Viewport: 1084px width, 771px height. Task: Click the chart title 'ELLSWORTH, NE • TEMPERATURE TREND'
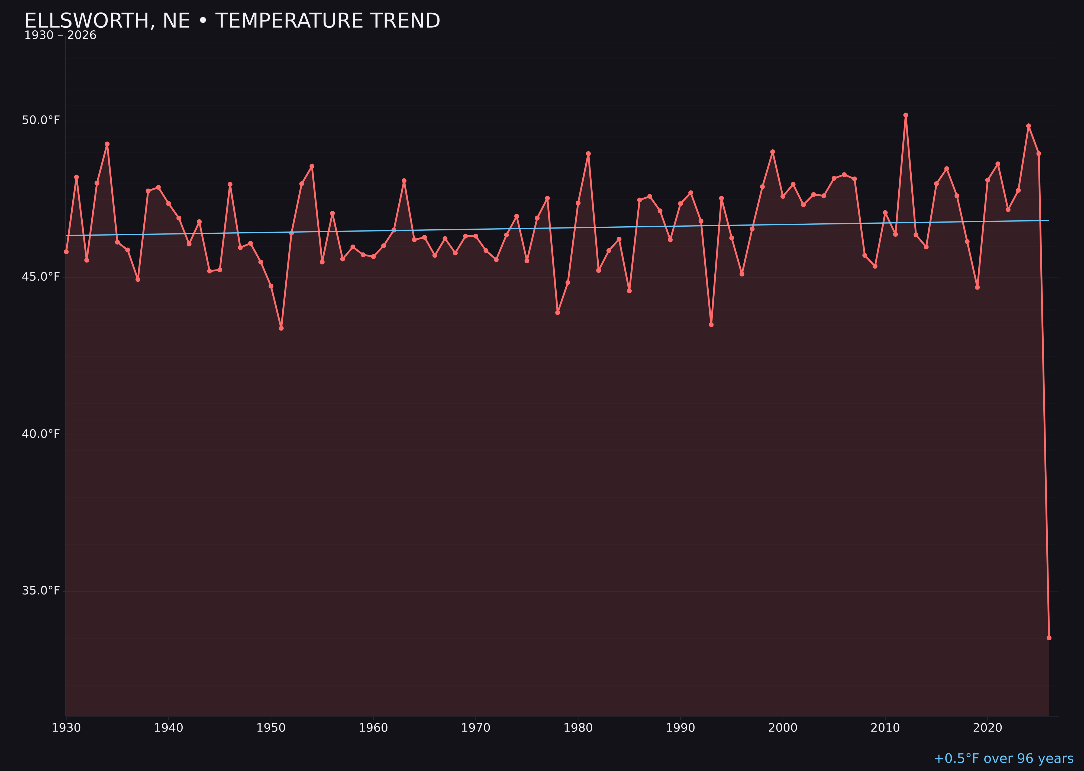(232, 21)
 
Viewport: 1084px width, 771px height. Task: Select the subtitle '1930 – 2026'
(60, 36)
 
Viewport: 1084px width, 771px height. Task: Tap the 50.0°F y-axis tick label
(41, 120)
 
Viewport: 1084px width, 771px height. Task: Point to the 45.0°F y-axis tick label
(41, 277)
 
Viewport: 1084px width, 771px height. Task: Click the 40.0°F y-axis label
(41, 434)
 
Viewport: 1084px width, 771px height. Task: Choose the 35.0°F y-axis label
(41, 591)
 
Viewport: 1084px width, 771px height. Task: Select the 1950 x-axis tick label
(271, 728)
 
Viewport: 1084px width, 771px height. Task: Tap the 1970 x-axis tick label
(476, 728)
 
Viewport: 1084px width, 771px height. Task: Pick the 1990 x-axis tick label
(680, 728)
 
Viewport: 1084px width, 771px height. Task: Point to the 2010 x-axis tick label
(885, 728)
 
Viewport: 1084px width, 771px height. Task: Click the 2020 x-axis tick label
(988, 728)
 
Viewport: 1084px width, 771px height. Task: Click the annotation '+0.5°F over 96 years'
(1003, 759)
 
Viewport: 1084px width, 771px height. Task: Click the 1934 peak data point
(107, 144)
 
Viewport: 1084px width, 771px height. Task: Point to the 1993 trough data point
(711, 325)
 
